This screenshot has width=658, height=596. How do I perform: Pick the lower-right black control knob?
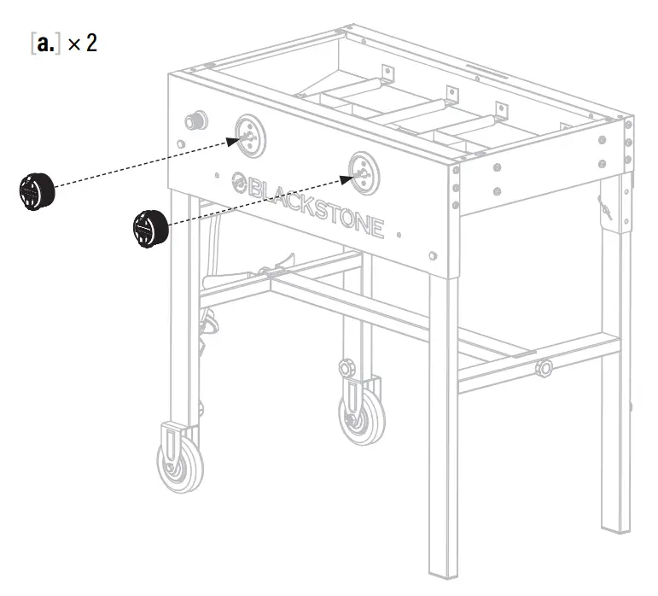click(x=148, y=226)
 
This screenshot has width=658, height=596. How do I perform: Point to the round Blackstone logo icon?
click(x=240, y=181)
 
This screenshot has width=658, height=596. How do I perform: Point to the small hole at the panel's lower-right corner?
click(x=434, y=254)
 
